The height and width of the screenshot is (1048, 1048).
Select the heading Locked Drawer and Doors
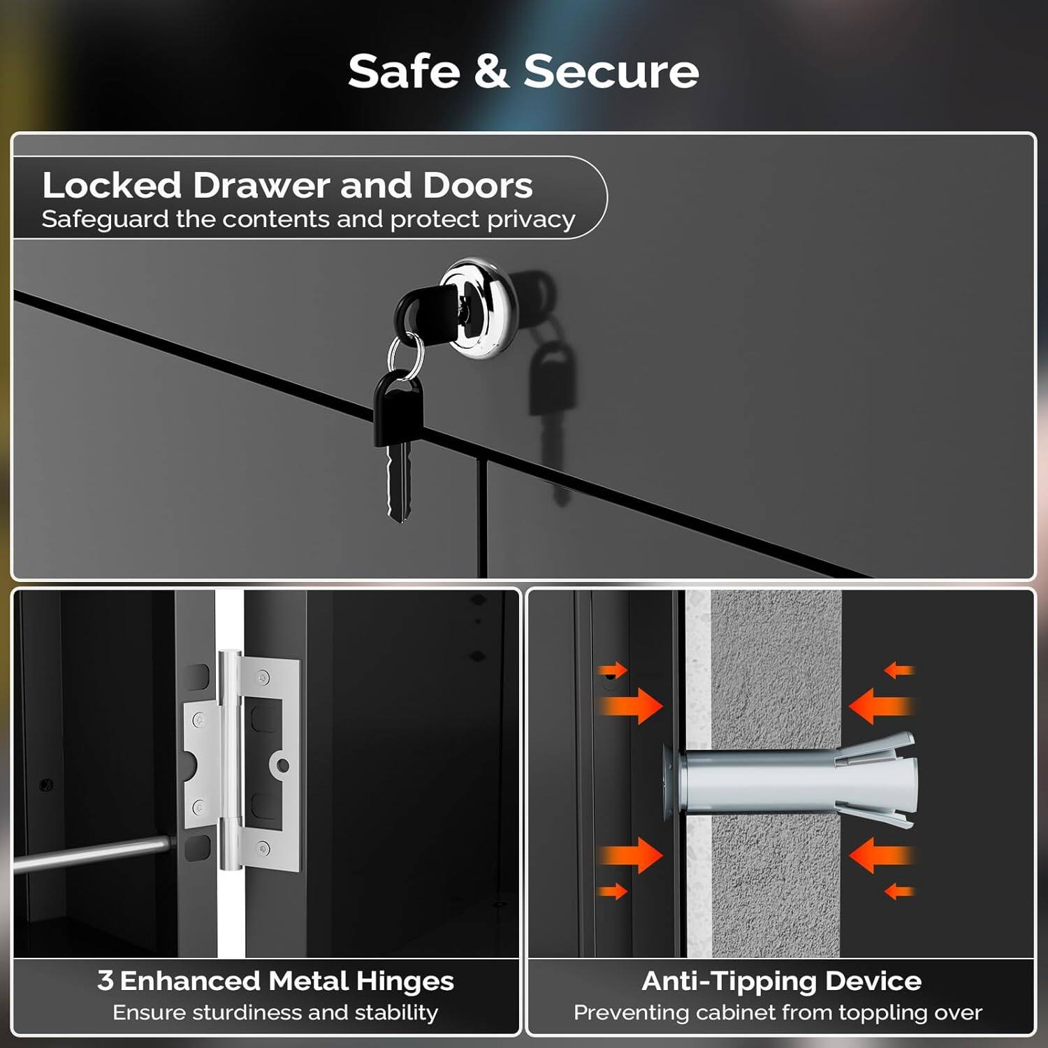[287, 185]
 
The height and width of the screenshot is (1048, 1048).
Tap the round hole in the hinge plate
[283, 766]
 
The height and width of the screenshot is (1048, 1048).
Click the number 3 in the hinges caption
[105, 980]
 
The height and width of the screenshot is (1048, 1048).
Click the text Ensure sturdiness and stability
[275, 1012]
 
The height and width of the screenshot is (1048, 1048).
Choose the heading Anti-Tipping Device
[781, 981]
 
